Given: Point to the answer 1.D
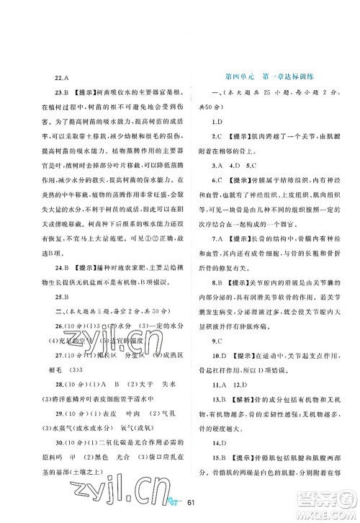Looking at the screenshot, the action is (x=216, y=120).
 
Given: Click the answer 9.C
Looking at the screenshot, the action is (x=216, y=337).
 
